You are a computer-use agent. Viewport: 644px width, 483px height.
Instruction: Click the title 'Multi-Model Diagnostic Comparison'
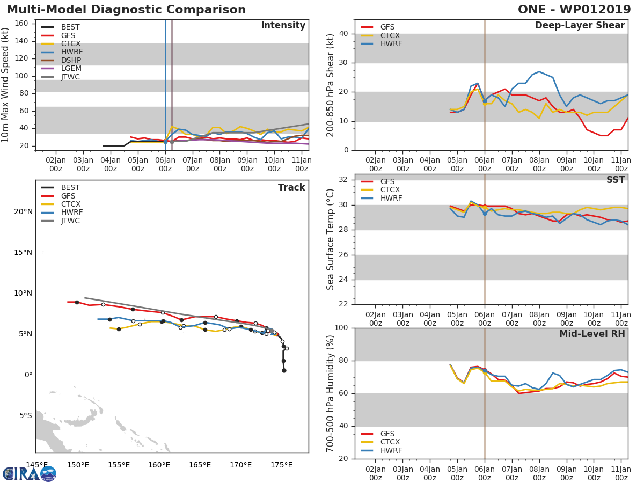click(x=126, y=10)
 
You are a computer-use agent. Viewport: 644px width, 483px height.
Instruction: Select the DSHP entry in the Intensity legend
click(x=70, y=60)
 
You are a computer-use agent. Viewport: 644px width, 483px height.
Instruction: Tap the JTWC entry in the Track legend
click(x=70, y=221)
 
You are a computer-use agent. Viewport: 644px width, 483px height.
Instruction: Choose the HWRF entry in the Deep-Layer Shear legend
click(x=390, y=43)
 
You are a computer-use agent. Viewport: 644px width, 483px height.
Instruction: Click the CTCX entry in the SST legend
click(x=390, y=189)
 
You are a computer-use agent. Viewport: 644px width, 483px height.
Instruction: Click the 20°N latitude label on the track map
click(x=23, y=211)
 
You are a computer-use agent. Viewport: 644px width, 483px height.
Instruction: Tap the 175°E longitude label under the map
click(x=281, y=465)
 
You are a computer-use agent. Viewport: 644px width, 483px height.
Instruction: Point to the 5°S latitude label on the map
click(x=25, y=415)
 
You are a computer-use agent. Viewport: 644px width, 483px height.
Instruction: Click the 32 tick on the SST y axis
click(x=344, y=180)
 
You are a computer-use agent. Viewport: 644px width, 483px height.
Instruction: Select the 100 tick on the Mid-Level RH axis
click(x=341, y=328)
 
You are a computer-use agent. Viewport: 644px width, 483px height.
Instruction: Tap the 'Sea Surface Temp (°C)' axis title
click(x=331, y=239)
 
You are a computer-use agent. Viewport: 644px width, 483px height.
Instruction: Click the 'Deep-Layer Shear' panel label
click(x=580, y=26)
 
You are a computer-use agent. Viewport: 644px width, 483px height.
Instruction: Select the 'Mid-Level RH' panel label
click(x=592, y=334)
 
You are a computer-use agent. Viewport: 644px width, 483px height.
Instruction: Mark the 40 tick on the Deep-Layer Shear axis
click(x=344, y=34)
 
